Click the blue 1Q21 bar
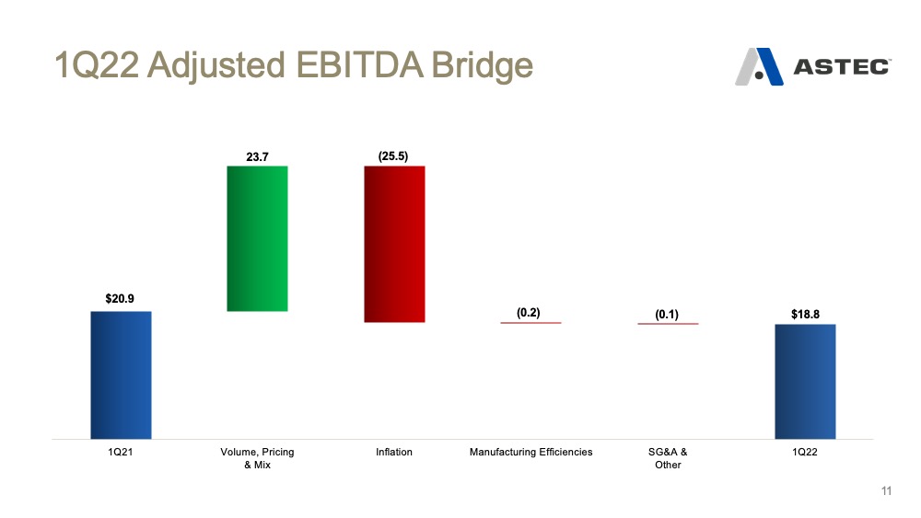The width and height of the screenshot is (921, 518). (x=121, y=374)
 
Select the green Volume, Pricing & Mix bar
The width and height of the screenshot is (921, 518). (x=257, y=238)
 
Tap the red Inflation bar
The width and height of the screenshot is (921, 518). (x=394, y=244)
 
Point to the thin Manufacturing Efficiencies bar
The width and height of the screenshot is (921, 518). (x=530, y=323)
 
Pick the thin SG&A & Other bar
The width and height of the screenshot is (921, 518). (x=668, y=324)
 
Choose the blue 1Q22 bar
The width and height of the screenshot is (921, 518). (x=805, y=381)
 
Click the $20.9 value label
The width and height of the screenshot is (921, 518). (x=121, y=298)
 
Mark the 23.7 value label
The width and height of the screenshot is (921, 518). (x=257, y=156)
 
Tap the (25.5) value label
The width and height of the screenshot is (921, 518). (x=393, y=156)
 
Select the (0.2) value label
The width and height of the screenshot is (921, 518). (x=529, y=312)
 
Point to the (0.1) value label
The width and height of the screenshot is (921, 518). (x=667, y=314)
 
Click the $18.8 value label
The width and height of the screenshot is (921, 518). (x=805, y=314)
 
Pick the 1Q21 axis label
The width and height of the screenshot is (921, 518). (x=121, y=453)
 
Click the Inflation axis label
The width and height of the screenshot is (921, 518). (x=394, y=453)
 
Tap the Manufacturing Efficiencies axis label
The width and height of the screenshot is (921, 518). (x=530, y=453)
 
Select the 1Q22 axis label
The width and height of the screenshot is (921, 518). (x=805, y=453)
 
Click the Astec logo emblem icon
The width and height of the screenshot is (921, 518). (x=759, y=67)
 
